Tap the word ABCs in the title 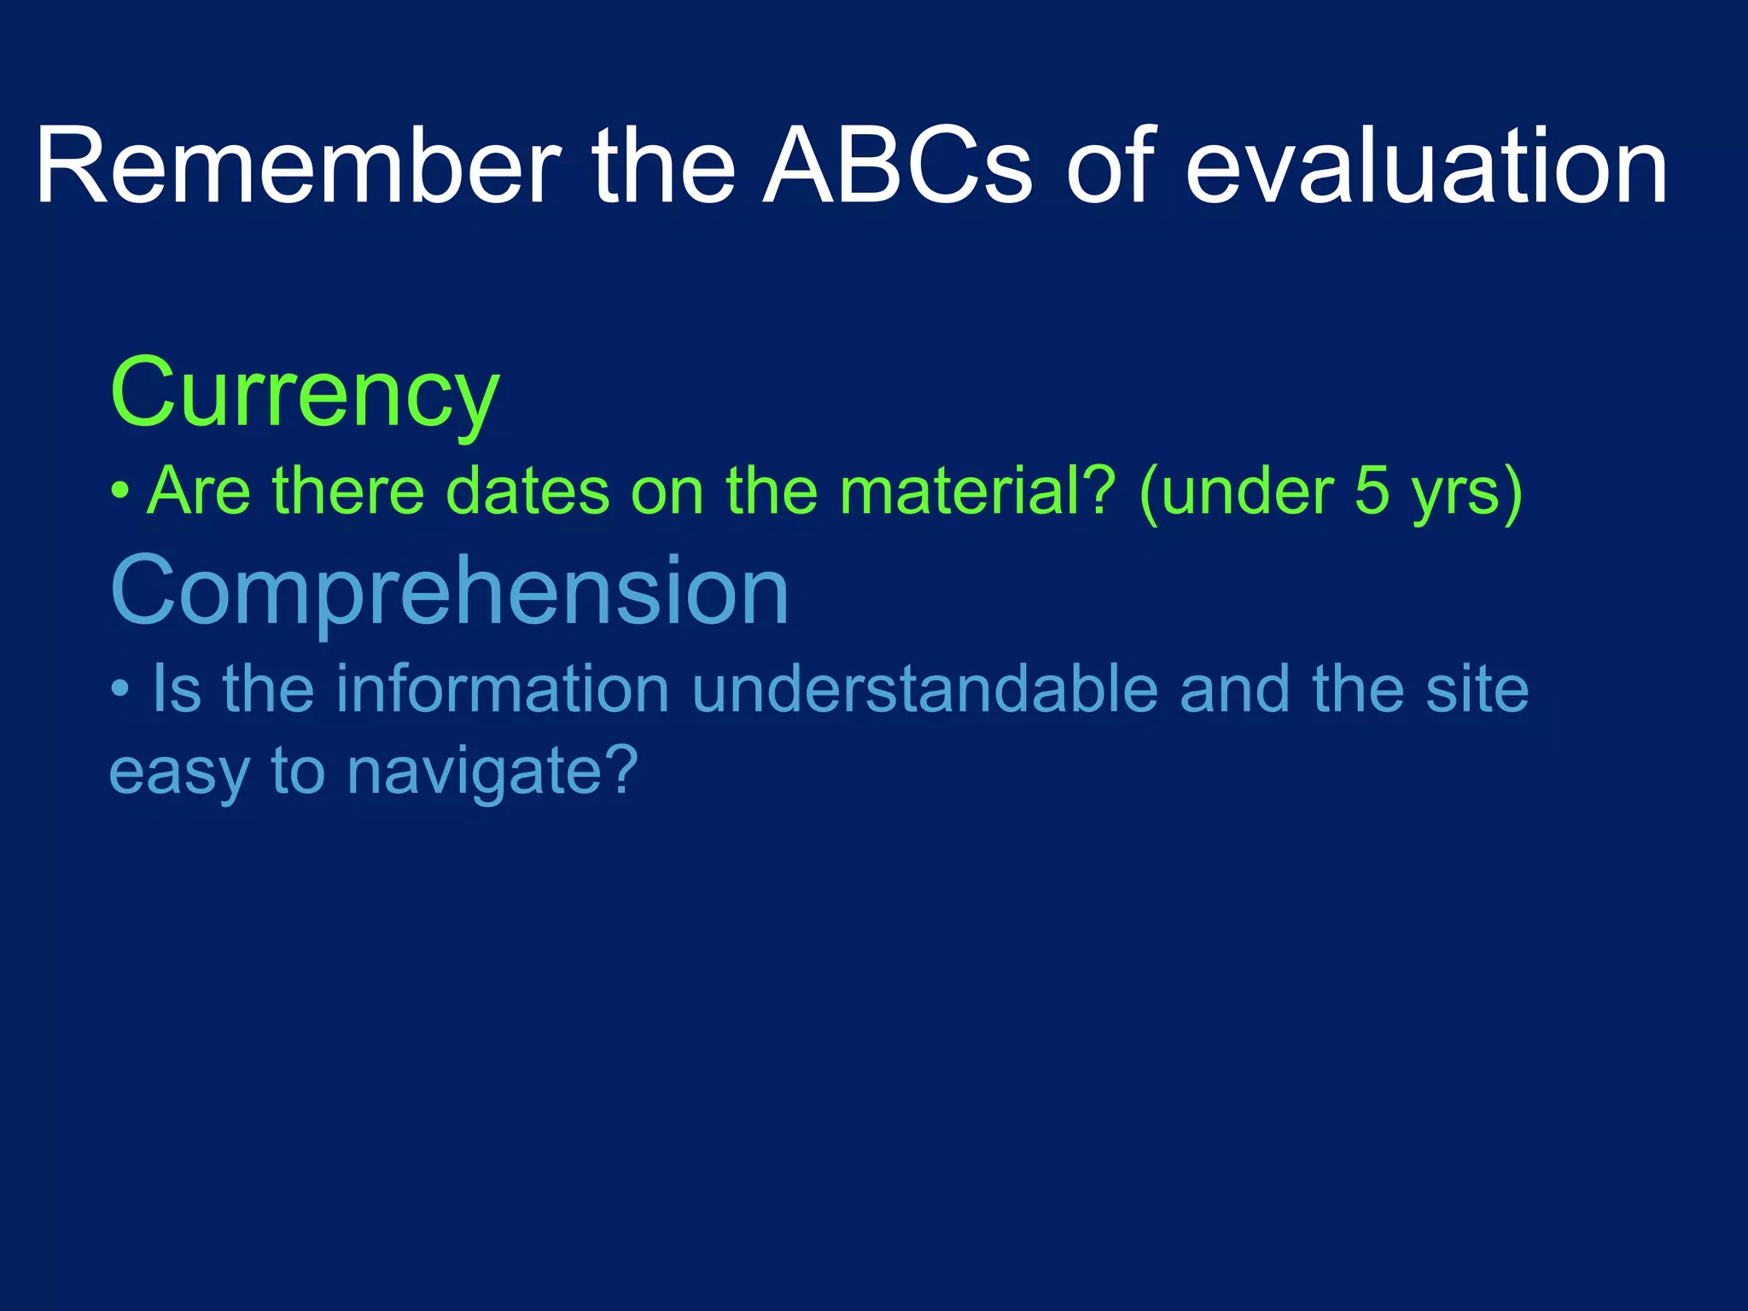897,166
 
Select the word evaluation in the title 1426,166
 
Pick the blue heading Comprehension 450,591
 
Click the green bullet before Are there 120,492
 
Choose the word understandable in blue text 925,689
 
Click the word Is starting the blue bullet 177,689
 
